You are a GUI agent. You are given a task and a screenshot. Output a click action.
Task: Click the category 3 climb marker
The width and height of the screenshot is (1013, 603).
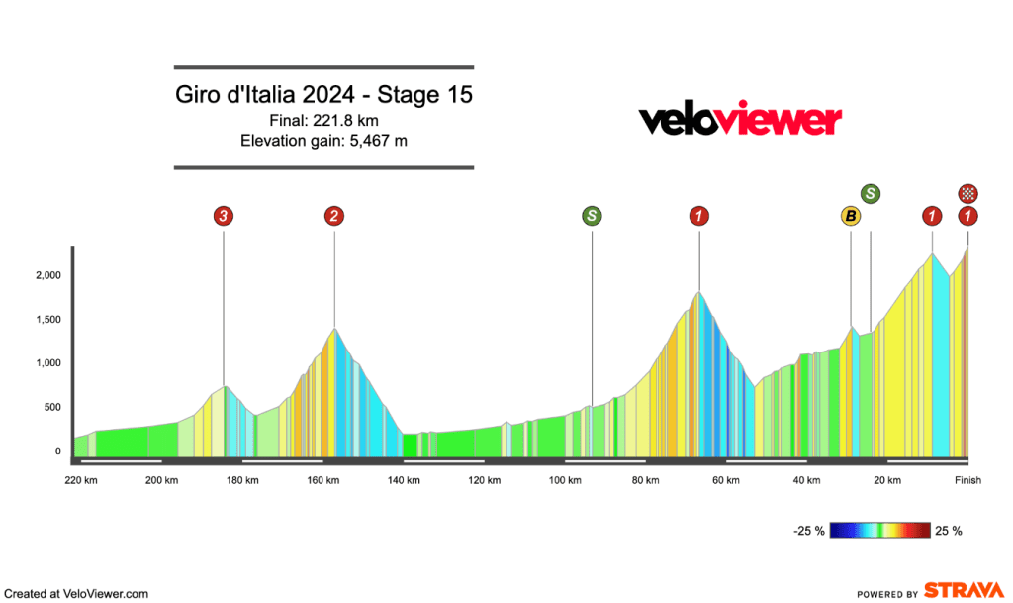224,215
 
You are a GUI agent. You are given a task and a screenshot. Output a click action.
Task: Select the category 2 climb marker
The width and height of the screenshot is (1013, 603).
334,215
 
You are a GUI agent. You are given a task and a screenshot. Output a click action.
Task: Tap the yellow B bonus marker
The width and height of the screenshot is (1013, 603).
850,216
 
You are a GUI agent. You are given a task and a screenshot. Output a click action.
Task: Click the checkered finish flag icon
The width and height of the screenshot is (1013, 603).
968,193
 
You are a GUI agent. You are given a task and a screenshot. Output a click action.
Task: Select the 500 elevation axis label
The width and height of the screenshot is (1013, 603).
50,408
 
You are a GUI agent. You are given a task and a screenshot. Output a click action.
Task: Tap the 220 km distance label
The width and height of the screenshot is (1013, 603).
81,481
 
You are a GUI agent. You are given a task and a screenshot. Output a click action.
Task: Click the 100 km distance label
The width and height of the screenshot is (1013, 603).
564,481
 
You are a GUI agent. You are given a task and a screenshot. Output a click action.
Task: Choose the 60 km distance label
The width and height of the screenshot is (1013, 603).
726,481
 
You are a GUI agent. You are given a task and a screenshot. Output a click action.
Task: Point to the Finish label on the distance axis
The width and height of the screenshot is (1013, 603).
967,481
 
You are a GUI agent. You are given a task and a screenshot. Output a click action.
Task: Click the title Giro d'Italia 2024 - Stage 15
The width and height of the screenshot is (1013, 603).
324,96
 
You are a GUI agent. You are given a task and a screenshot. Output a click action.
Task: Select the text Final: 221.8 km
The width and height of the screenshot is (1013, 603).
324,121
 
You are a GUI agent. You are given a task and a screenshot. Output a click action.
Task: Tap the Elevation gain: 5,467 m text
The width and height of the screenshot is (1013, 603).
324,141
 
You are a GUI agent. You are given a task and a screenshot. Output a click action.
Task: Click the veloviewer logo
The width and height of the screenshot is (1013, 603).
739,120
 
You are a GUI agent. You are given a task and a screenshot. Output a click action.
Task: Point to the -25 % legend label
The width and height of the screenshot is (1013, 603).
808,531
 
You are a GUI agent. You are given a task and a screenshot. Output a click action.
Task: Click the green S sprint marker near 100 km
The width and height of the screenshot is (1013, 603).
592,215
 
